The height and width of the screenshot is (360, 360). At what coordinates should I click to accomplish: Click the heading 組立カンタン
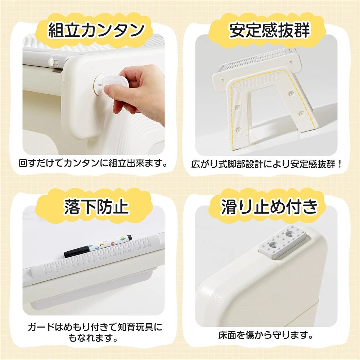(x=96, y=30)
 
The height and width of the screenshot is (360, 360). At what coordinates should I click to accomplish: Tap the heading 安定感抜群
(x=269, y=30)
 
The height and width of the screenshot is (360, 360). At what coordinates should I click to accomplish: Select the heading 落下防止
(x=96, y=206)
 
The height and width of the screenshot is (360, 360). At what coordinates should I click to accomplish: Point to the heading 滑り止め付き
(x=269, y=206)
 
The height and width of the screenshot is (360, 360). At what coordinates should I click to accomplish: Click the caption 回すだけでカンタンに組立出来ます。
(x=93, y=163)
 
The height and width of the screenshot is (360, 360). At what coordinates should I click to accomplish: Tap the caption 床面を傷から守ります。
(x=266, y=336)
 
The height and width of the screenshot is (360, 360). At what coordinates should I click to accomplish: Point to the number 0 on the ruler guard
(x=46, y=273)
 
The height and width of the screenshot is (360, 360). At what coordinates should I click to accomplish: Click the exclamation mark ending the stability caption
(x=340, y=164)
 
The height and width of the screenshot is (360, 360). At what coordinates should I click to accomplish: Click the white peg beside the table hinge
(x=52, y=62)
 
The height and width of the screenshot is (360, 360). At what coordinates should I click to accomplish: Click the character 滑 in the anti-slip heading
(x=230, y=207)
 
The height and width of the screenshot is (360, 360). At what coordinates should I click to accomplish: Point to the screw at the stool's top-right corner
(x=290, y=62)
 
